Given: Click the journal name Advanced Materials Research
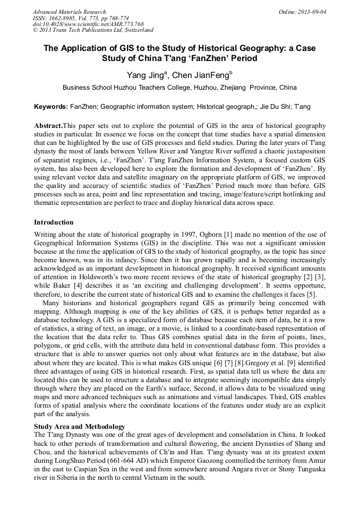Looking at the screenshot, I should [70, 12].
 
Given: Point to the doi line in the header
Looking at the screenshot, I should [88, 24].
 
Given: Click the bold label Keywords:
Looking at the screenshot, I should [51, 107].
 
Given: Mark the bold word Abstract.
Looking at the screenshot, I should [48, 126].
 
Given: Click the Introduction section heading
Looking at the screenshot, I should [54, 222].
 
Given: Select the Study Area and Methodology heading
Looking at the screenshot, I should [80, 426].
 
